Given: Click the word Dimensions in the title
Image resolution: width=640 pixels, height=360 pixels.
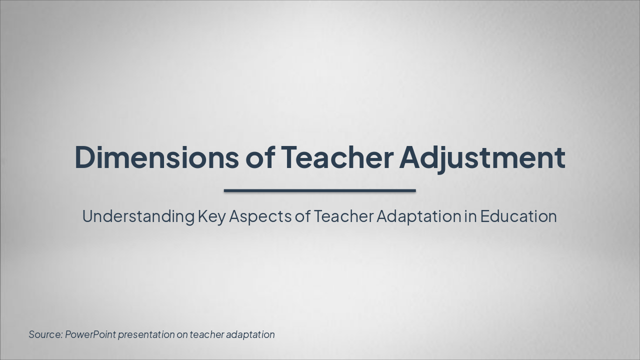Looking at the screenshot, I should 156,157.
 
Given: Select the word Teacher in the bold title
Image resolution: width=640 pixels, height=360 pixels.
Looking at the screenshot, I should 337,157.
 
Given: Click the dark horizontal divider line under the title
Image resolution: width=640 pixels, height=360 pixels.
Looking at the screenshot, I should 319,190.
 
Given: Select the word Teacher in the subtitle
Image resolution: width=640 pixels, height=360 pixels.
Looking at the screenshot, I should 343,216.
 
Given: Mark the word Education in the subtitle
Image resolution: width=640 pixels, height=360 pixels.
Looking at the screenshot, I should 518,216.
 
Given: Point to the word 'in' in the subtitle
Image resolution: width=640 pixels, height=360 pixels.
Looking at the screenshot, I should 470,216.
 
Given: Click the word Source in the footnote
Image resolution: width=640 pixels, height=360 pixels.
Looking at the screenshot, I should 45,334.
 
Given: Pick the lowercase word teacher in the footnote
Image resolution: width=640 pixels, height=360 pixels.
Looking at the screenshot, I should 206,334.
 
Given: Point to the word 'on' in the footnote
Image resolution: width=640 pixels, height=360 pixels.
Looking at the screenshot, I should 182,334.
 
